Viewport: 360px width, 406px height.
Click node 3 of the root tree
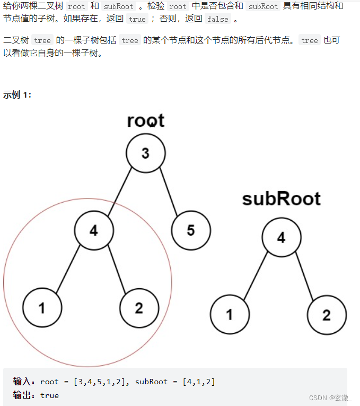pos(146,153)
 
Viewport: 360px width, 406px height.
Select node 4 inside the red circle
pos(94,230)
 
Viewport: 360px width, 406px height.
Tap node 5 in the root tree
pos(191,230)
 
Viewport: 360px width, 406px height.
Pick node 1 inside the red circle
pos(42,308)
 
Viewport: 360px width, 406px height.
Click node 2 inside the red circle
pos(139,308)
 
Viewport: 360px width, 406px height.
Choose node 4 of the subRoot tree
pos(281,237)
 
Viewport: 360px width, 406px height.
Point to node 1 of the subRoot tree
pos(230,315)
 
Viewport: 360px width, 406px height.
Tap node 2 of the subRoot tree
pos(327,315)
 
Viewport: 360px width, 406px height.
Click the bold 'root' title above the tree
pos(146,120)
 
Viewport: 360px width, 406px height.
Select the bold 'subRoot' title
pos(281,199)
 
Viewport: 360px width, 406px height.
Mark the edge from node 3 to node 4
pos(119,192)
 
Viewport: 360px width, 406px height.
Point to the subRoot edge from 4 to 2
pos(304,277)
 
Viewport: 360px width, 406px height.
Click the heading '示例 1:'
pos(17,94)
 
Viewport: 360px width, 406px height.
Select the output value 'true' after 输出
pos(49,395)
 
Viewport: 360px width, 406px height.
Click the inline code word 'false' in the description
pos(217,19)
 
